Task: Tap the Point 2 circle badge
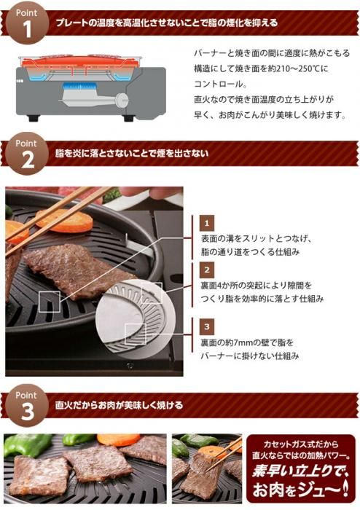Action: [x=27, y=154]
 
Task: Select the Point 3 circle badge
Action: [x=27, y=406]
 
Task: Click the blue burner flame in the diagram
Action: [x=79, y=87]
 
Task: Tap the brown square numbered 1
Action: [x=206, y=223]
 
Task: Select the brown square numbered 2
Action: [x=206, y=270]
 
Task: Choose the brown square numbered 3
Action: [x=206, y=326]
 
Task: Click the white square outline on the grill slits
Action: [x=50, y=302]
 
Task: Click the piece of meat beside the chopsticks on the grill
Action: [x=78, y=270]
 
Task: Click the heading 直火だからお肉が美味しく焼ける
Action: [x=119, y=405]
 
